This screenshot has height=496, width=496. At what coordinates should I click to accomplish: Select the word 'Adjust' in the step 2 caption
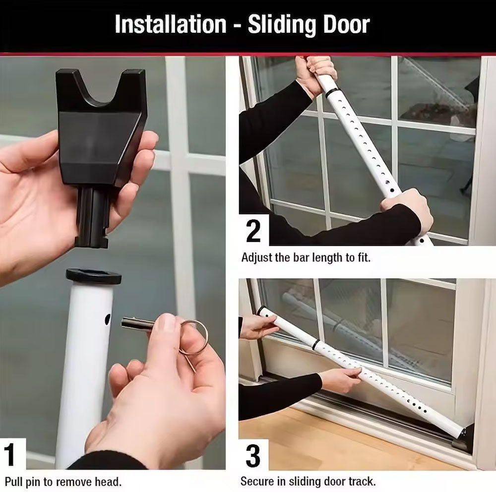point(256,258)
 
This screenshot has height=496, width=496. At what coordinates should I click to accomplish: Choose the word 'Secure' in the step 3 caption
point(257,482)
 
